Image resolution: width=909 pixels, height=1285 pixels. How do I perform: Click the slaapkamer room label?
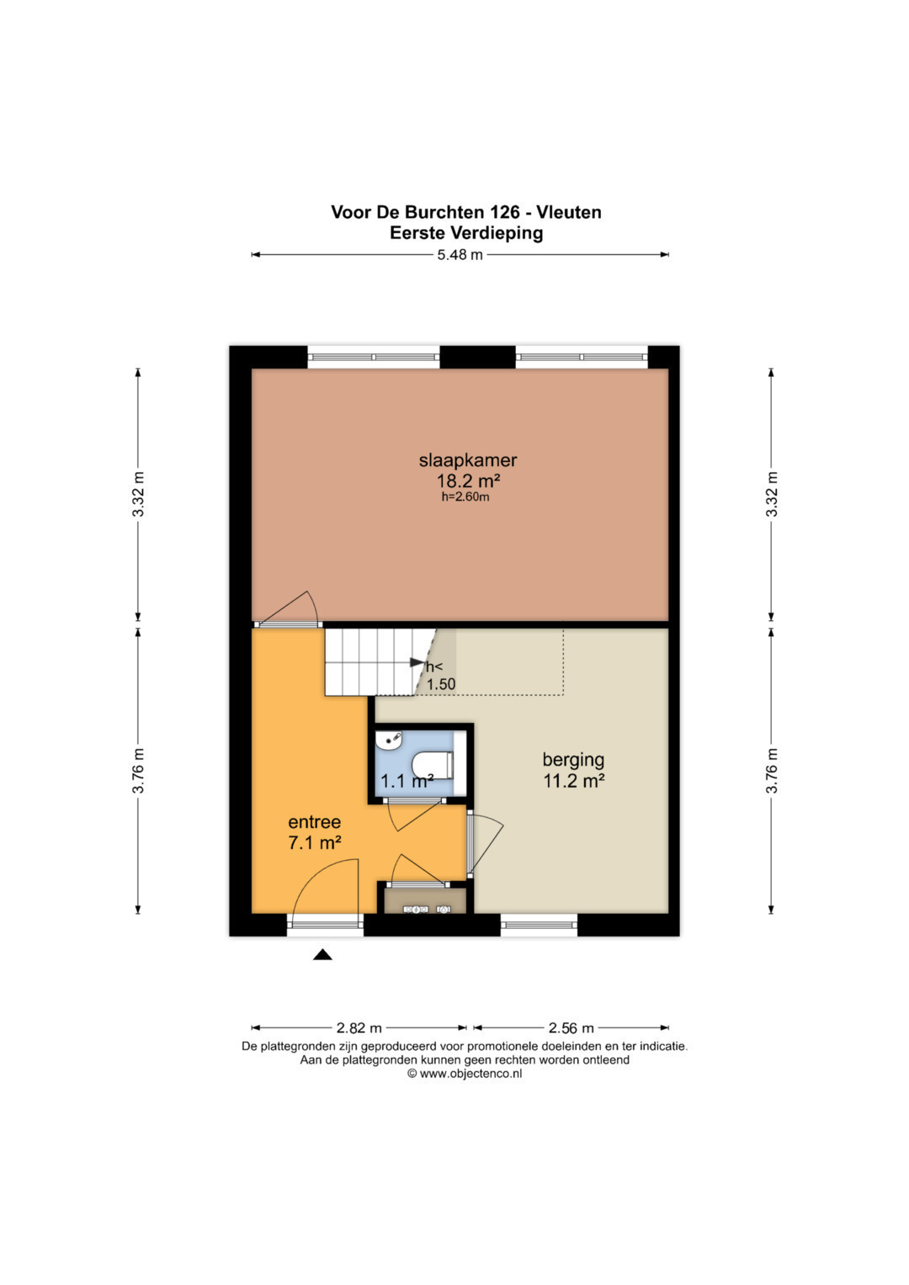point(468,460)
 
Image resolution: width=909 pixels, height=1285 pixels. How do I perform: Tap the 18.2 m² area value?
point(468,481)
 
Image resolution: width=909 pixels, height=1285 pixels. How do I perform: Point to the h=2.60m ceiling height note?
point(465,496)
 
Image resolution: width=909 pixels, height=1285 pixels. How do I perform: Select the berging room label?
point(573,760)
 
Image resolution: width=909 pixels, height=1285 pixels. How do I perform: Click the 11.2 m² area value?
point(574,781)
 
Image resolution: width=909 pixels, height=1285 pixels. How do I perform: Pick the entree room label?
point(315,822)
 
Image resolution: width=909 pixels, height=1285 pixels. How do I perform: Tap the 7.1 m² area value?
point(315,842)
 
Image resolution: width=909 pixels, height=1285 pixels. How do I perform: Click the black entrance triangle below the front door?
point(322,954)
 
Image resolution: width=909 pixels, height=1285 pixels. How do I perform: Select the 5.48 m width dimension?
point(460,255)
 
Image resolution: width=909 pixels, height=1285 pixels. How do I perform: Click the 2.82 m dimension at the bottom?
point(359,1027)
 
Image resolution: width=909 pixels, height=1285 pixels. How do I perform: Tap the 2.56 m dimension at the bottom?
point(571,1027)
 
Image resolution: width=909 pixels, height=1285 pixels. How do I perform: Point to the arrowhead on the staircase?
point(417,662)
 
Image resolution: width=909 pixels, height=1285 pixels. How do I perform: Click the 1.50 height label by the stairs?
point(441,684)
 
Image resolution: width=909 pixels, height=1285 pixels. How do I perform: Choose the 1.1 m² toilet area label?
point(407,781)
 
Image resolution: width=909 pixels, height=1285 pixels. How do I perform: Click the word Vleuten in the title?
point(569,212)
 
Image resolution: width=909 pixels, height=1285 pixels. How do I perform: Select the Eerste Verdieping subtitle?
point(466,233)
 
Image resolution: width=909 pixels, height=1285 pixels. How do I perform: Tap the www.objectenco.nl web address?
point(470,1074)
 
